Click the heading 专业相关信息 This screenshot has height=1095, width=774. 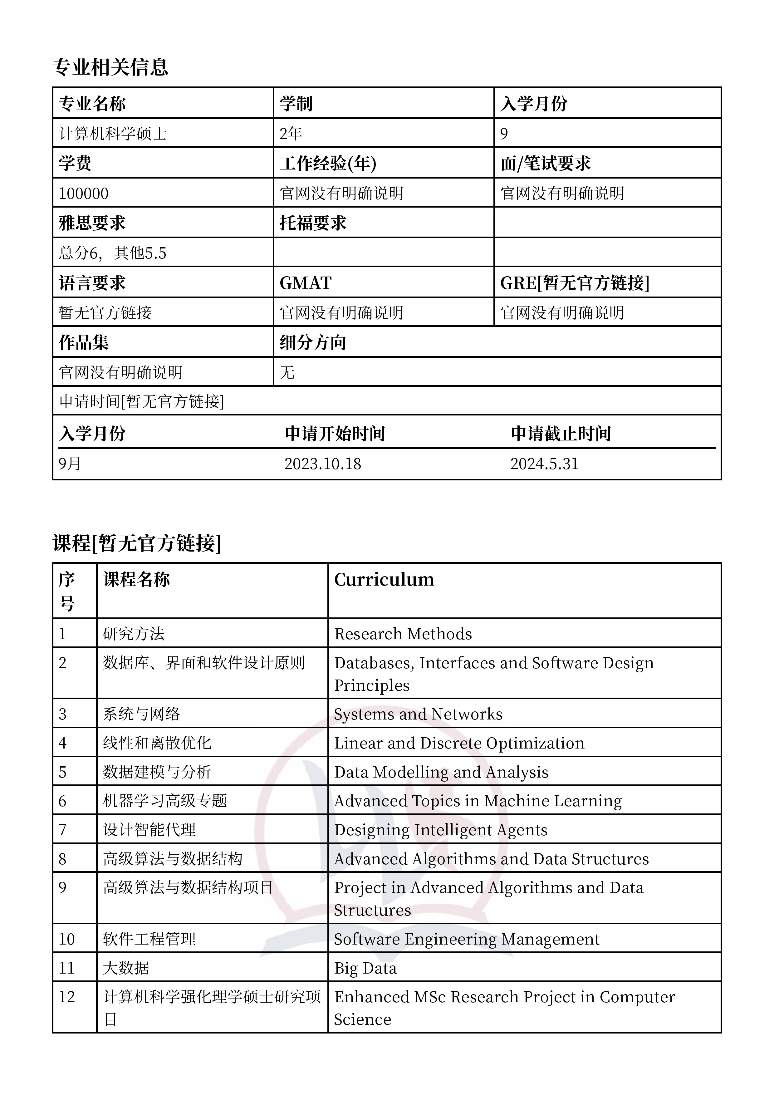pyautogui.click(x=110, y=67)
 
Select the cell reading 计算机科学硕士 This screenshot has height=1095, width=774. pyautogui.click(x=113, y=134)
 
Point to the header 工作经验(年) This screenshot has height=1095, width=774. pyautogui.click(x=328, y=164)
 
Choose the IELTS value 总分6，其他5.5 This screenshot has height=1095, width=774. pyautogui.click(x=113, y=253)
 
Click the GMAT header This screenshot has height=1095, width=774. pyautogui.click(x=305, y=283)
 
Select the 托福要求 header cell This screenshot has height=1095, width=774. pyautogui.click(x=313, y=223)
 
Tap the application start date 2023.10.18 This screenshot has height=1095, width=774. pyautogui.click(x=323, y=464)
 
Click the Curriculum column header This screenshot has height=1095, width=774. pyautogui.click(x=384, y=579)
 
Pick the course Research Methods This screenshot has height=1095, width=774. pyautogui.click(x=403, y=634)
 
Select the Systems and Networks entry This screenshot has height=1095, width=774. pyautogui.click(x=418, y=714)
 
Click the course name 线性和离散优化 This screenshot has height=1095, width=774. pyautogui.click(x=157, y=743)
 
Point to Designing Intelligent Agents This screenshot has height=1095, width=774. pyautogui.click(x=441, y=830)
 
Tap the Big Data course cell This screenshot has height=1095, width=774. pyautogui.click(x=365, y=968)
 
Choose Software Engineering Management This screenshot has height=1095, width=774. pyautogui.click(x=466, y=939)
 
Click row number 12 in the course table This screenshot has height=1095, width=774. pyautogui.click(x=67, y=997)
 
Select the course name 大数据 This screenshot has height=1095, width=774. pyautogui.click(x=126, y=968)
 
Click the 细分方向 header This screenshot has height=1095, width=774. pyautogui.click(x=313, y=342)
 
